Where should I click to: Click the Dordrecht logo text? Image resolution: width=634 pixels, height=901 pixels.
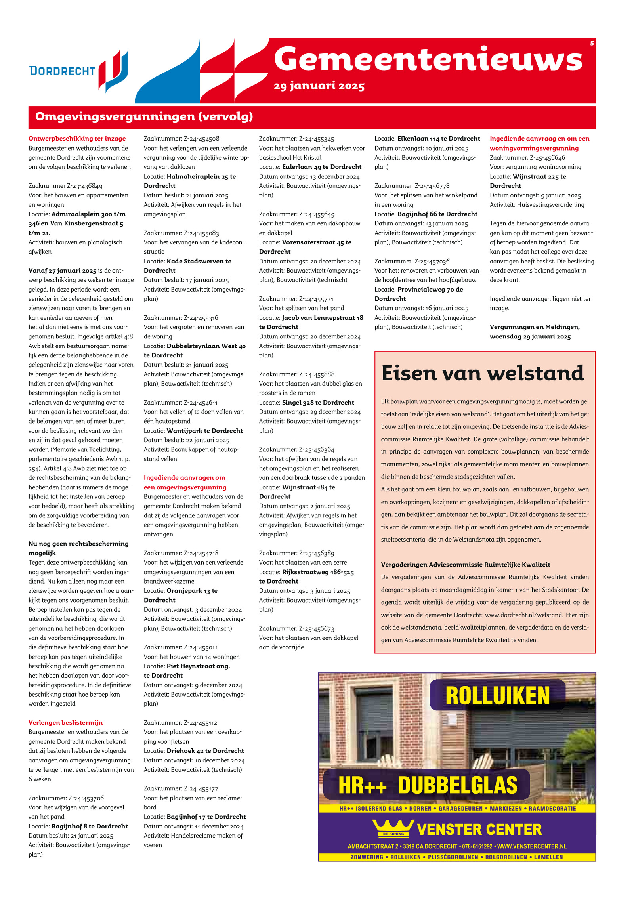click(62, 71)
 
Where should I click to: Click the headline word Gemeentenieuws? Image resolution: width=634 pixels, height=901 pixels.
click(428, 59)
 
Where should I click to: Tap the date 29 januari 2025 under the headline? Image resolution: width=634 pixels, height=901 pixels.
click(319, 86)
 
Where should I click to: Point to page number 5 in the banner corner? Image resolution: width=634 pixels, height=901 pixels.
click(592, 43)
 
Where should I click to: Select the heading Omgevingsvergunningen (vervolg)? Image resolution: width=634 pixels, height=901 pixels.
click(144, 117)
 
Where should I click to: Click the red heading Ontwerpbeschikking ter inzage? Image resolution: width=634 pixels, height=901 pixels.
click(77, 139)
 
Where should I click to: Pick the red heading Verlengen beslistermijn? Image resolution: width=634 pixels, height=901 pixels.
click(65, 722)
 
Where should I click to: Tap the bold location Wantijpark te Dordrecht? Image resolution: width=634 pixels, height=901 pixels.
click(204, 431)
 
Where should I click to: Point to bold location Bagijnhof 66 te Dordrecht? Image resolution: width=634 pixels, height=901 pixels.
click(437, 214)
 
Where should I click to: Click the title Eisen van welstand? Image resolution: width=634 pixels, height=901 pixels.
click(483, 373)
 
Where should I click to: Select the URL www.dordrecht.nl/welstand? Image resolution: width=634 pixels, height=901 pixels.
click(523, 615)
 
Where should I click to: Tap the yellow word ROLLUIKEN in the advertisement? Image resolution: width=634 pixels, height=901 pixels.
click(497, 696)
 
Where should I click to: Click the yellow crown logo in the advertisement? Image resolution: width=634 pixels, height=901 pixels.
click(393, 829)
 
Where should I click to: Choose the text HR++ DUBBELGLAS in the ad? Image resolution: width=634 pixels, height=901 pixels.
click(428, 785)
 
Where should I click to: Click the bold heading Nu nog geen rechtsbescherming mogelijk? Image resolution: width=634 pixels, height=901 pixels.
click(78, 548)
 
